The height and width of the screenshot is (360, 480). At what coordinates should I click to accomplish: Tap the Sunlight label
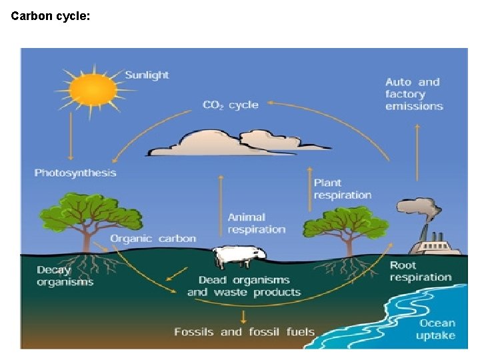pos(147,75)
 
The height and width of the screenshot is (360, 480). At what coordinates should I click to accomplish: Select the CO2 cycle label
pos(230,105)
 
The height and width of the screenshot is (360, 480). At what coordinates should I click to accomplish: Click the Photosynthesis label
pos(75,173)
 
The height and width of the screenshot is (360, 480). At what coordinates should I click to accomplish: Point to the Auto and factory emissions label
pos(413,94)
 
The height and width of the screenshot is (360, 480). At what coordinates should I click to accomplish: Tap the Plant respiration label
pos(342,189)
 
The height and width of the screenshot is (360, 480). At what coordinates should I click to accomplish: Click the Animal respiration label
pos(256,223)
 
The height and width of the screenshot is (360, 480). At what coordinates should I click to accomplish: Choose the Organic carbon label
pos(153,239)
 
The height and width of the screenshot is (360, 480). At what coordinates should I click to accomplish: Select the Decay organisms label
pos(65,276)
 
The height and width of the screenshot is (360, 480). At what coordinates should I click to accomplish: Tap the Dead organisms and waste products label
pos(244,286)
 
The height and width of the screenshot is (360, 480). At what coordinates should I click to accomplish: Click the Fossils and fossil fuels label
pos(244,331)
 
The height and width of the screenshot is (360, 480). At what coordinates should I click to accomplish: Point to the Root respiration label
pos(420,271)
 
